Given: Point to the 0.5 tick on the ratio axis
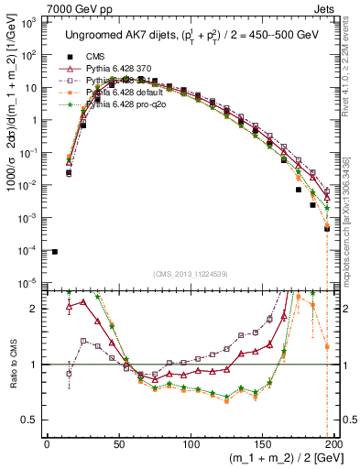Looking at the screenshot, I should tap(32, 420).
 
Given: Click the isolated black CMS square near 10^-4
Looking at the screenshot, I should tap(55, 252).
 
